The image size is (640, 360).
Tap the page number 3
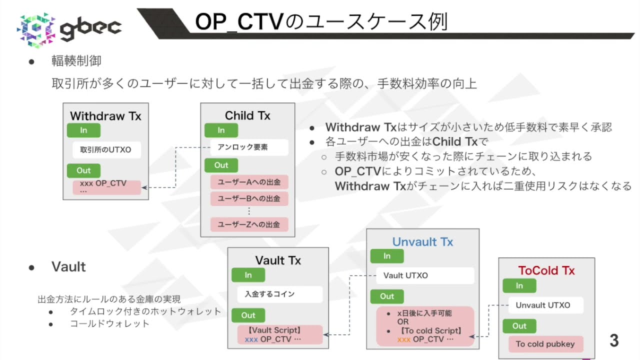[614, 340]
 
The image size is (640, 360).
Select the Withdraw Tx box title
[105, 116]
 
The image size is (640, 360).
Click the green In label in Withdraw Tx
[83, 130]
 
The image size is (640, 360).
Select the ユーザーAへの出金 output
[249, 182]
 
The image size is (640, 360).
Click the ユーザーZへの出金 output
[249, 224]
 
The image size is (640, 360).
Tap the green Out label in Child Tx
[221, 165]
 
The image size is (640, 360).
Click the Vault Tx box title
[278, 260]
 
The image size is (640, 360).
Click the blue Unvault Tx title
[422, 242]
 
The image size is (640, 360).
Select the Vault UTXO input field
[424, 275]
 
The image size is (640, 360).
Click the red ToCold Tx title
[546, 270]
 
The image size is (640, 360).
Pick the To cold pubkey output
[545, 344]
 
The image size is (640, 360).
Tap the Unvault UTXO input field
[545, 305]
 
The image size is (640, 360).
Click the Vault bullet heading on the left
[68, 267]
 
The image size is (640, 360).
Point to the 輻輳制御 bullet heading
[76, 61]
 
